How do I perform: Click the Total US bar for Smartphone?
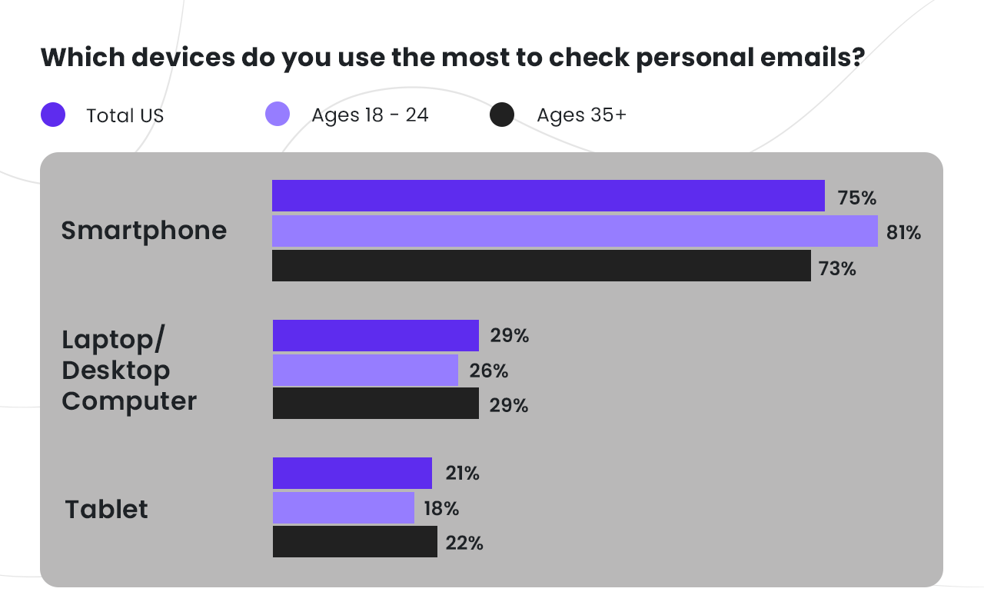tap(548, 196)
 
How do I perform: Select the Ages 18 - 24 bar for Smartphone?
tap(574, 231)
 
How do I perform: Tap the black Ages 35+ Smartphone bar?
tap(541, 266)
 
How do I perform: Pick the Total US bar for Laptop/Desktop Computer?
tap(376, 336)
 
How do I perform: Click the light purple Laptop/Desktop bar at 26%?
tap(365, 371)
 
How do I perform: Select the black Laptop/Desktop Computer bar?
tap(376, 404)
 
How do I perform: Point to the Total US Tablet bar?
tap(352, 474)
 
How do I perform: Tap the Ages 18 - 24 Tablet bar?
tap(344, 508)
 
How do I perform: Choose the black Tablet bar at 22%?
tap(355, 542)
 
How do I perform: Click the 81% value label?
tap(903, 232)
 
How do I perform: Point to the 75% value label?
tap(857, 198)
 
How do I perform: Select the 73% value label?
tap(837, 269)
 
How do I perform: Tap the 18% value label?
tap(440, 509)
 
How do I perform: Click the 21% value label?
tap(461, 474)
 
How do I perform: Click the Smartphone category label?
tap(144, 231)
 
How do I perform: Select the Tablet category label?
tap(106, 509)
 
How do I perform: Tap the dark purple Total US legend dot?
tap(53, 115)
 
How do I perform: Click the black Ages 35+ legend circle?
tap(502, 115)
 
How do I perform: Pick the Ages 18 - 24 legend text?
tap(370, 115)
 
